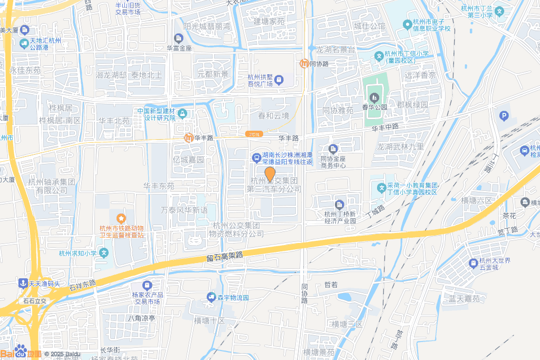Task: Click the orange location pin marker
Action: (x=269, y=174)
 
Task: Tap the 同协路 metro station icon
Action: (x=304, y=64)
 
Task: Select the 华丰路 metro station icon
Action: (x=188, y=138)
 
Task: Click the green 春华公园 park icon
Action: (x=374, y=97)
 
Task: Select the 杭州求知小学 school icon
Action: (x=104, y=253)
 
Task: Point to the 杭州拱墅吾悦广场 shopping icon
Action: (x=278, y=80)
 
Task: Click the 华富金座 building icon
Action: (x=179, y=38)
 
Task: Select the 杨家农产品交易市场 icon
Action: (x=147, y=285)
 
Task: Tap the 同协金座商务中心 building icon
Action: (x=333, y=149)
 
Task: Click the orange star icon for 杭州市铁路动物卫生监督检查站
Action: (x=121, y=218)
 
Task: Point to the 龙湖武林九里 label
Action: (x=400, y=147)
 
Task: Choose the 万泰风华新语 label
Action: (x=184, y=210)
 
